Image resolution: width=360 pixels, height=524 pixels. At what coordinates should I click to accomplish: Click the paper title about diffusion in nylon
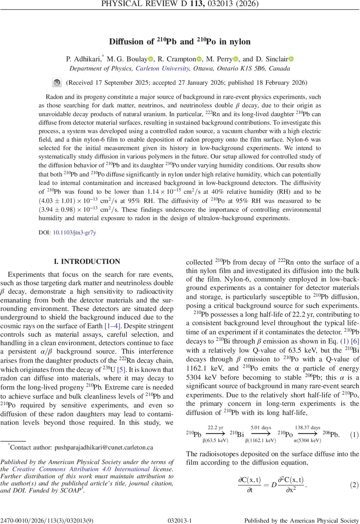click(180, 42)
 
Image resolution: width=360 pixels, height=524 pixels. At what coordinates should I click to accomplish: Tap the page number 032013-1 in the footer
click(180, 520)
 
